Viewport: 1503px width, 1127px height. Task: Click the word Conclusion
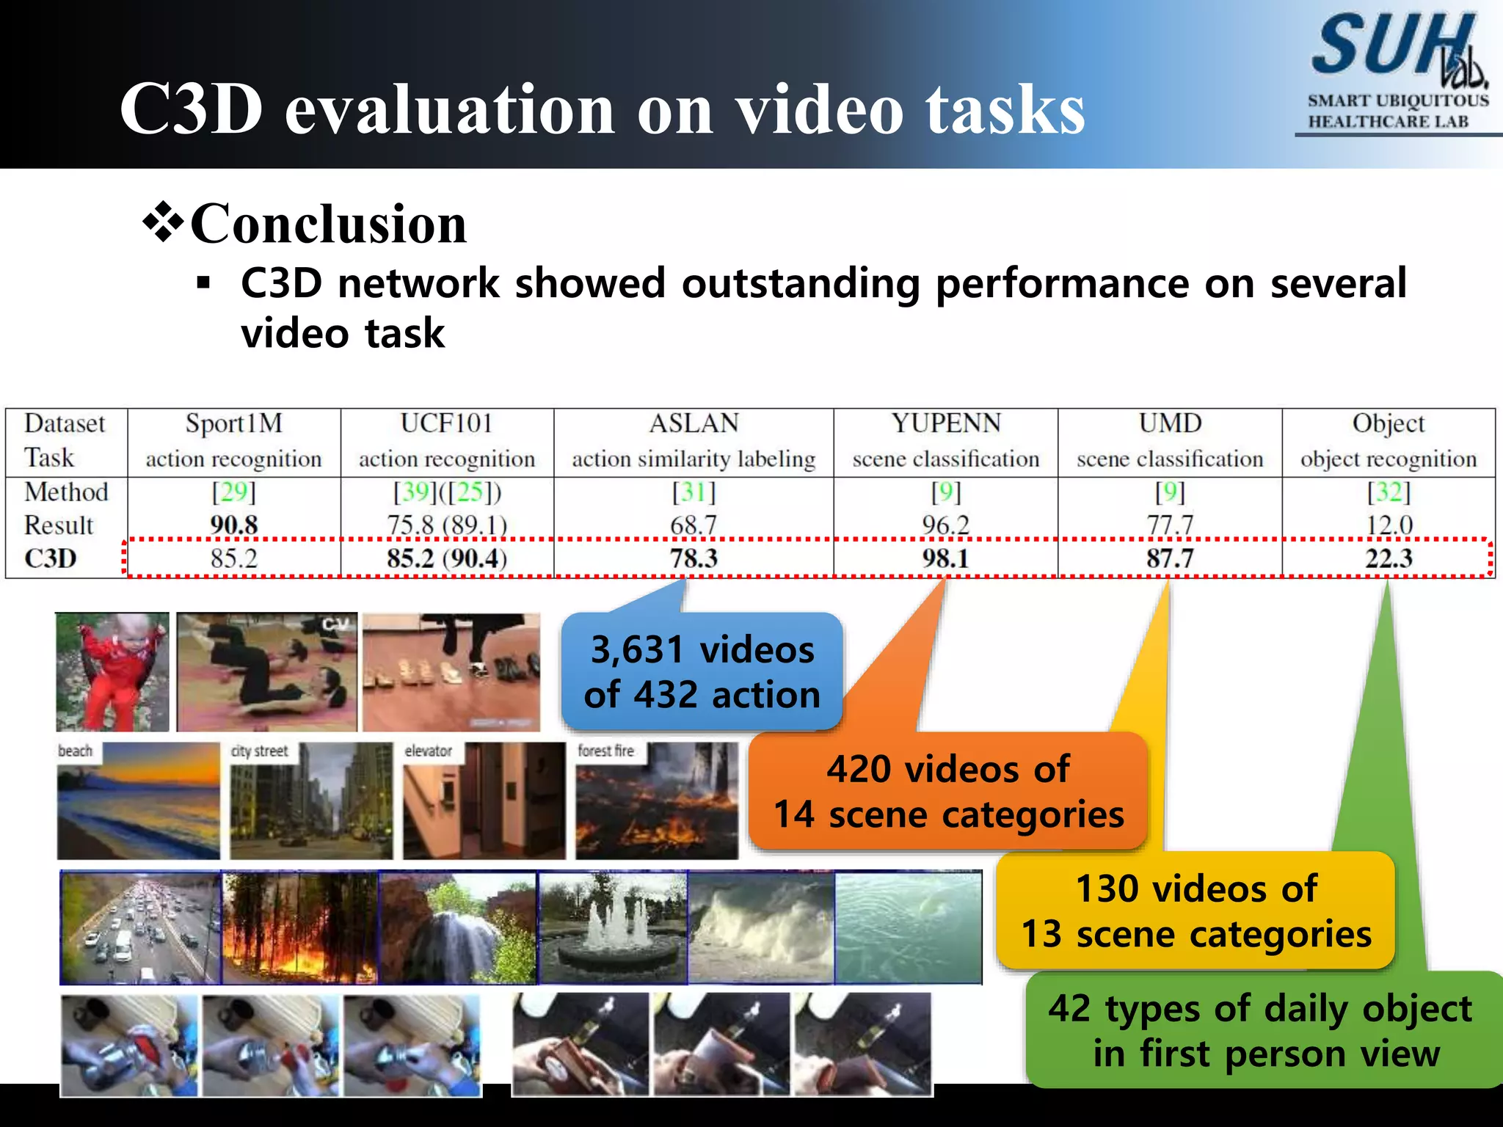(328, 224)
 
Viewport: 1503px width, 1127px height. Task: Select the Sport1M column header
(233, 424)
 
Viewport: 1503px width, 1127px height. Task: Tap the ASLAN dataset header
(694, 424)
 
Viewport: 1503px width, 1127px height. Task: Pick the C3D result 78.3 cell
(694, 559)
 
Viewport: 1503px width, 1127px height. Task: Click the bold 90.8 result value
(233, 525)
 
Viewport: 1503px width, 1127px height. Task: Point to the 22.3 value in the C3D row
(1389, 559)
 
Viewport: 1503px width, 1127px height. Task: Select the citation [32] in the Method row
(1389, 492)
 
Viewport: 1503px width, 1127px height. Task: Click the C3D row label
(51, 559)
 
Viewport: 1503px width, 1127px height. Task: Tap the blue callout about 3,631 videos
(702, 672)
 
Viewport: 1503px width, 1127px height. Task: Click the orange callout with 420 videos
(948, 792)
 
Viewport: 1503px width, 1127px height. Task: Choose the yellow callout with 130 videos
(1196, 911)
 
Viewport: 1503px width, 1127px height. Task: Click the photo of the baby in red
(112, 672)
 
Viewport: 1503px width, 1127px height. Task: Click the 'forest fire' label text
(605, 751)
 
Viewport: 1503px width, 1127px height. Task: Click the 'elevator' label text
(429, 751)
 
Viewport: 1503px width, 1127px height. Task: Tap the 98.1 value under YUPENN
(945, 559)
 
